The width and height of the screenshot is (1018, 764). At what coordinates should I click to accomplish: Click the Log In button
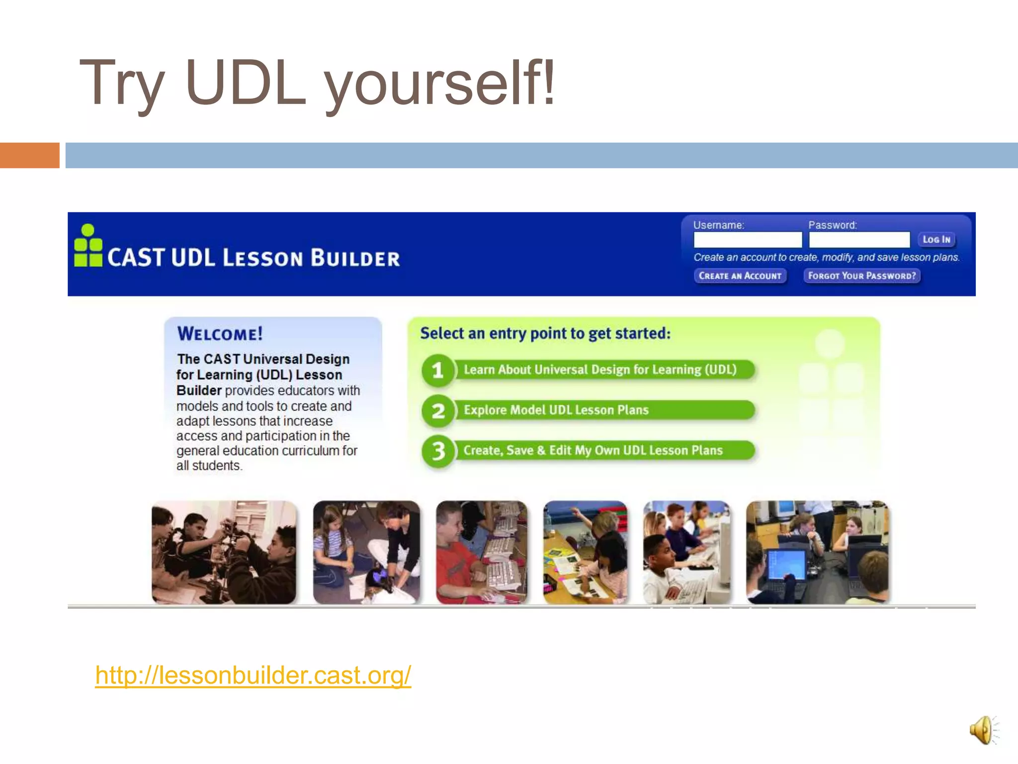[936, 240]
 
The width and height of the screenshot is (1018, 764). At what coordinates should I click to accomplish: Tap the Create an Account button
[740, 276]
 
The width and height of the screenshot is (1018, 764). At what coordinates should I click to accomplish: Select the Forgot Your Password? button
[861, 276]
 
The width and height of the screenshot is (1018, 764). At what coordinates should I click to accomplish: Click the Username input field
[747, 240]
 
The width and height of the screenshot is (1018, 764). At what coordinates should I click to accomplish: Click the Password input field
[859, 240]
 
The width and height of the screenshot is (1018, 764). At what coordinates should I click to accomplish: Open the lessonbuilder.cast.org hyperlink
[253, 675]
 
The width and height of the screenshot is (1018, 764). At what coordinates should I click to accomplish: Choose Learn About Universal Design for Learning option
[600, 370]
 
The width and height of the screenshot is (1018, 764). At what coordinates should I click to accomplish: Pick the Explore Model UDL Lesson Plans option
[556, 410]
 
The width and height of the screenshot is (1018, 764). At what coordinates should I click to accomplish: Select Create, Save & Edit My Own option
[593, 450]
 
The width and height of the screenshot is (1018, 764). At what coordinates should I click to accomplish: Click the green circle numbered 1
[437, 370]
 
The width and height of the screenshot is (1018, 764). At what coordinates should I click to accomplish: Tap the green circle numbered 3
[437, 451]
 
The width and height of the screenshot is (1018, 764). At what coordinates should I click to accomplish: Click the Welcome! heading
[220, 334]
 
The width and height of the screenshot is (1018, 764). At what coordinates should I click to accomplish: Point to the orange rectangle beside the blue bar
[29, 155]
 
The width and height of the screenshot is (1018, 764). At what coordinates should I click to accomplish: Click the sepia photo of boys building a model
[224, 552]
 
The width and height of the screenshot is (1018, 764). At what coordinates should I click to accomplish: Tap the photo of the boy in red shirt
[481, 552]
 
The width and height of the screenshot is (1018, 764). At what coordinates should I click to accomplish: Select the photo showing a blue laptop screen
[817, 552]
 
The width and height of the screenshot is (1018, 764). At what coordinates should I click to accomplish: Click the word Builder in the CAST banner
[355, 259]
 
